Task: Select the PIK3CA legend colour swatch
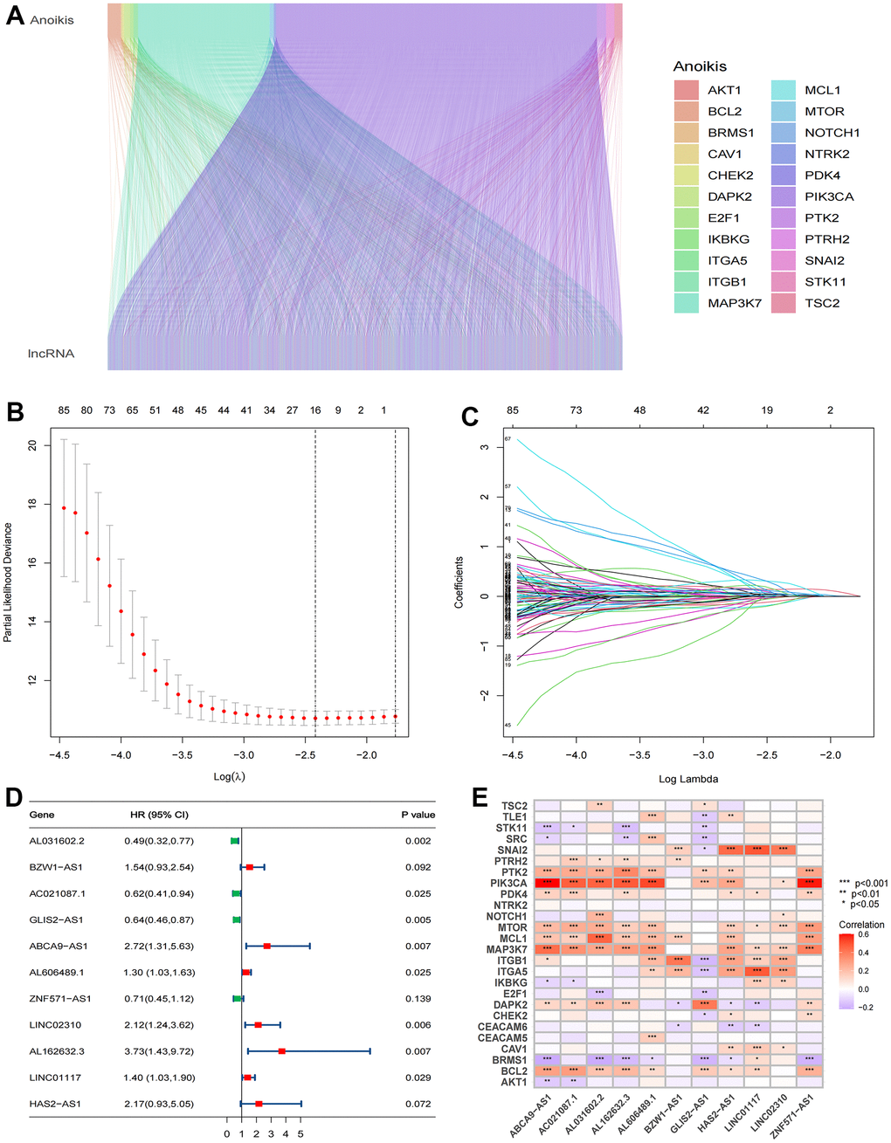point(783,196)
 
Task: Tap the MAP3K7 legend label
point(735,303)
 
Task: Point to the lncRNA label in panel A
point(51,354)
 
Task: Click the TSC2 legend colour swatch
point(783,303)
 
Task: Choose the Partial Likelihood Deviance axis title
point(8,582)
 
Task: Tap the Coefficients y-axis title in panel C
point(459,582)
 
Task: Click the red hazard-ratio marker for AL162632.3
point(281,1051)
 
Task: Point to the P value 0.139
point(418,999)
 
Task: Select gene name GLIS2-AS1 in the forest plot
point(56,920)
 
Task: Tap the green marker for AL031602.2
point(234,841)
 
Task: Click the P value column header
point(418,815)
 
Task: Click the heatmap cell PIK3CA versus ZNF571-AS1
point(809,884)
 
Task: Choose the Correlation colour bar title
point(861,925)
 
